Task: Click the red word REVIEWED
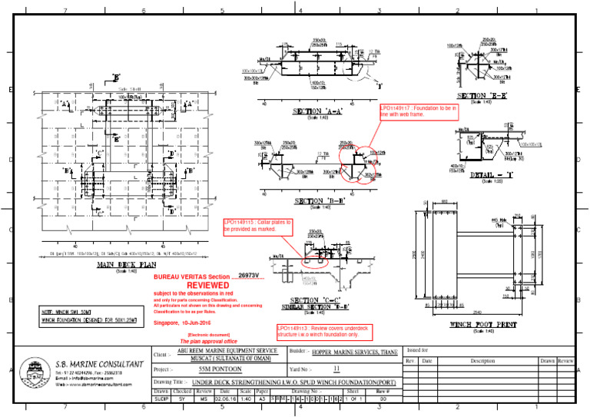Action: tap(208, 284)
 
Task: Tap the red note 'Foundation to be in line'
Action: tap(420, 112)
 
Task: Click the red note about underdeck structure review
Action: tap(319, 332)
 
